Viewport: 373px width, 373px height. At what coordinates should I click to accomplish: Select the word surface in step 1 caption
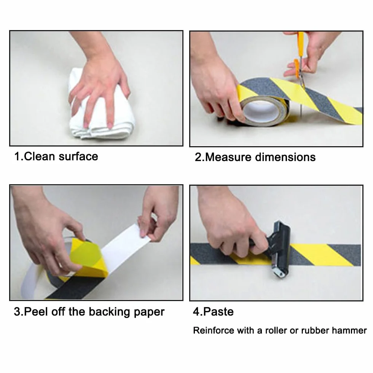pyautogui.click(x=78, y=156)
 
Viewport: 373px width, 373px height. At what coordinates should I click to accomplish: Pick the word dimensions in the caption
pyautogui.click(x=285, y=157)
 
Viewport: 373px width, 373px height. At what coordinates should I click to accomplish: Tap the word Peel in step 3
pyautogui.click(x=37, y=312)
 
